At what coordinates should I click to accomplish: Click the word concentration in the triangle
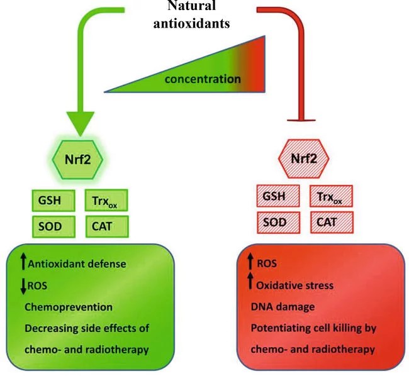pyautogui.click(x=203, y=79)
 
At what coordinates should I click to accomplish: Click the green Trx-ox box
pyautogui.click(x=106, y=199)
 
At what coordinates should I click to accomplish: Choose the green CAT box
pyautogui.click(x=106, y=225)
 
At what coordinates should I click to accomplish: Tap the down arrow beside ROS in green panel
pyautogui.click(x=23, y=286)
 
